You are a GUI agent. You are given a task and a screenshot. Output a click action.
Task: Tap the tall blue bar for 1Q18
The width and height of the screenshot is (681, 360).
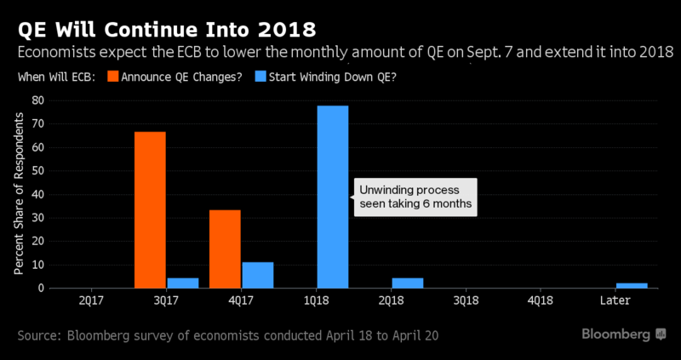(x=333, y=197)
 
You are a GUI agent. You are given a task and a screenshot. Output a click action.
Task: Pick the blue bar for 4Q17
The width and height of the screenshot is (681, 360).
(x=258, y=275)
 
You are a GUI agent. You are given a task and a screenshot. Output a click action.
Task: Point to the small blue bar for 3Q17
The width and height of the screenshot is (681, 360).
(x=183, y=283)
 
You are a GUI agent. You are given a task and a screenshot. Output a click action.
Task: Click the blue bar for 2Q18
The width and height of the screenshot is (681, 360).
(x=408, y=283)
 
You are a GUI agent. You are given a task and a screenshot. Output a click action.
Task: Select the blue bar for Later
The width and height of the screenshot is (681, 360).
(x=632, y=285)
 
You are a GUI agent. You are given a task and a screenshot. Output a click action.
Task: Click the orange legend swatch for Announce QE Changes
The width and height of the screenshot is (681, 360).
(x=113, y=77)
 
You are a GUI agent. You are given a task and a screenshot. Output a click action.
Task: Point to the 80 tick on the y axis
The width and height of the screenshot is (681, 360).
(x=37, y=100)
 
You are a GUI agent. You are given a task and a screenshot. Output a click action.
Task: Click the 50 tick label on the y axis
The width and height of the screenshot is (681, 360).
(x=37, y=170)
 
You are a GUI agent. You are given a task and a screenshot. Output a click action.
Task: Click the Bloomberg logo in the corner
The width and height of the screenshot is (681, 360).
(x=621, y=334)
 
